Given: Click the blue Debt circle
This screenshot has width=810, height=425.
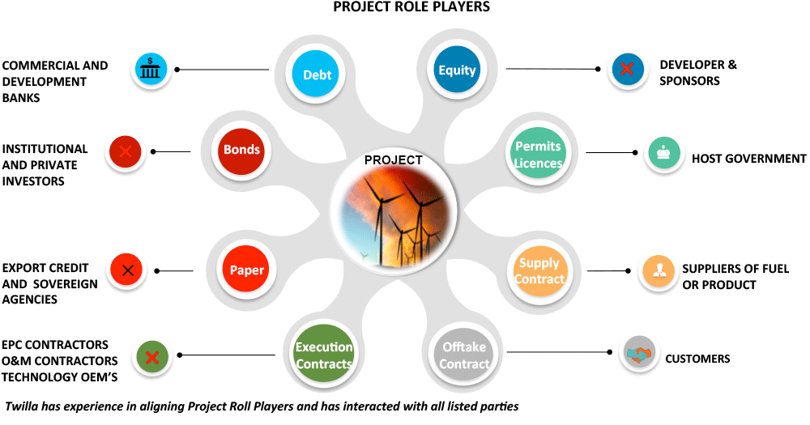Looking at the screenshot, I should click(317, 74).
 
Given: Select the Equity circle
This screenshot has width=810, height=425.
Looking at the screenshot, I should click(457, 70).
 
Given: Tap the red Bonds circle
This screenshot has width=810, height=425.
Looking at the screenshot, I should click(242, 149).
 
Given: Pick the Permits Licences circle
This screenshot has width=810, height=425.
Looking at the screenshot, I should click(538, 154).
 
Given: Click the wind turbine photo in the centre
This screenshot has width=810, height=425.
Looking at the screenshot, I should click(394, 215).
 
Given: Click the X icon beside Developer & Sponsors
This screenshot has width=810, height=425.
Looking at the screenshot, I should click(628, 70).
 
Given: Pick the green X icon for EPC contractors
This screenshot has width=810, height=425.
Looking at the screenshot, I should click(150, 357).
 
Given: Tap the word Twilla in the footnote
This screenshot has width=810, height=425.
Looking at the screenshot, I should click(23, 405).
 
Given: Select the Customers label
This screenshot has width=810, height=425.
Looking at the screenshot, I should click(697, 358).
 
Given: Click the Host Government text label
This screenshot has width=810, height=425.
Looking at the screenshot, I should click(748, 159).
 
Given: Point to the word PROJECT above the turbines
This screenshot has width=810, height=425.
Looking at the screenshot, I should click(393, 159).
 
